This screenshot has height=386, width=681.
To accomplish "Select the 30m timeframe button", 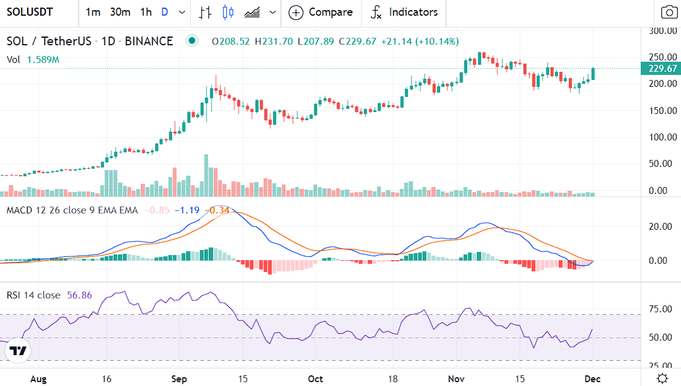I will [x=120, y=12].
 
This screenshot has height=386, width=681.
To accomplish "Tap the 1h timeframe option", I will [x=146, y=12].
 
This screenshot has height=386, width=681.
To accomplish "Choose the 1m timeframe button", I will [x=93, y=12].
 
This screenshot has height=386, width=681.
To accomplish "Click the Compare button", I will [x=321, y=12].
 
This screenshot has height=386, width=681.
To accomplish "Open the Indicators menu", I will [x=404, y=12].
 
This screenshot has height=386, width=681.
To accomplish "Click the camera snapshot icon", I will [x=668, y=12].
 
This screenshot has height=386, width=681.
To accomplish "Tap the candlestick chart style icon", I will [x=227, y=12].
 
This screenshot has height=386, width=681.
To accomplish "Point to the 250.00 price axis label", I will [x=663, y=57].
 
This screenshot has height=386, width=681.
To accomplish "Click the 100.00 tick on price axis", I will [x=663, y=137].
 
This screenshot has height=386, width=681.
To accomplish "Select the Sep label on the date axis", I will [x=180, y=379].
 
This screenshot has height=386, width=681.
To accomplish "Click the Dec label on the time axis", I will [x=593, y=379].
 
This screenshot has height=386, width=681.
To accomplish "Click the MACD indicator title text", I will [x=71, y=210].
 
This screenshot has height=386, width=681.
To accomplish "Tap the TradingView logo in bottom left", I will [x=19, y=351].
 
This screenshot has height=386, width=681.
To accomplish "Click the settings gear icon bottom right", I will [x=662, y=378].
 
